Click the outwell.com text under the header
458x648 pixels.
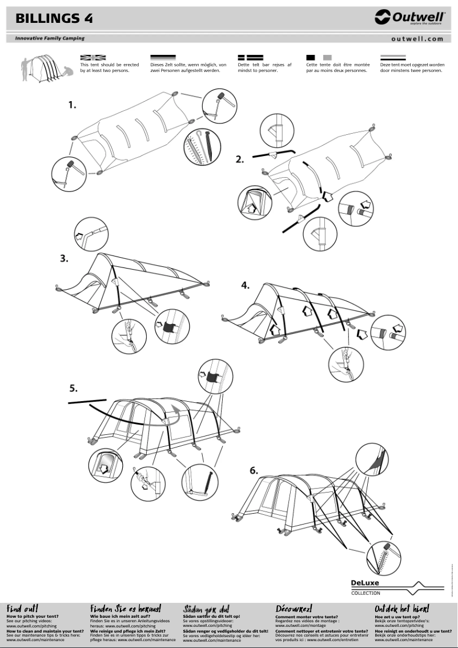tap(417, 39)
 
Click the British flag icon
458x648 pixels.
tap(93, 57)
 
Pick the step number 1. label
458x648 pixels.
tap(72, 105)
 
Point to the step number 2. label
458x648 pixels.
tap(240, 159)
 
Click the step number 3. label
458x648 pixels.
tap(65, 258)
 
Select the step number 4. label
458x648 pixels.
tap(245, 285)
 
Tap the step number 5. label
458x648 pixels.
tap(74, 388)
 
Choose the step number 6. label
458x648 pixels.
tap(254, 470)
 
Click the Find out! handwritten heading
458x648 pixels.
tap(22, 609)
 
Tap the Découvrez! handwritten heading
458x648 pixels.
tap(294, 609)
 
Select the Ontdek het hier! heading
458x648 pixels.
tap(401, 609)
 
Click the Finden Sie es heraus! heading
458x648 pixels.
tap(125, 609)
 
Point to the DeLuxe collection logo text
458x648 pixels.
tap(365, 583)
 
